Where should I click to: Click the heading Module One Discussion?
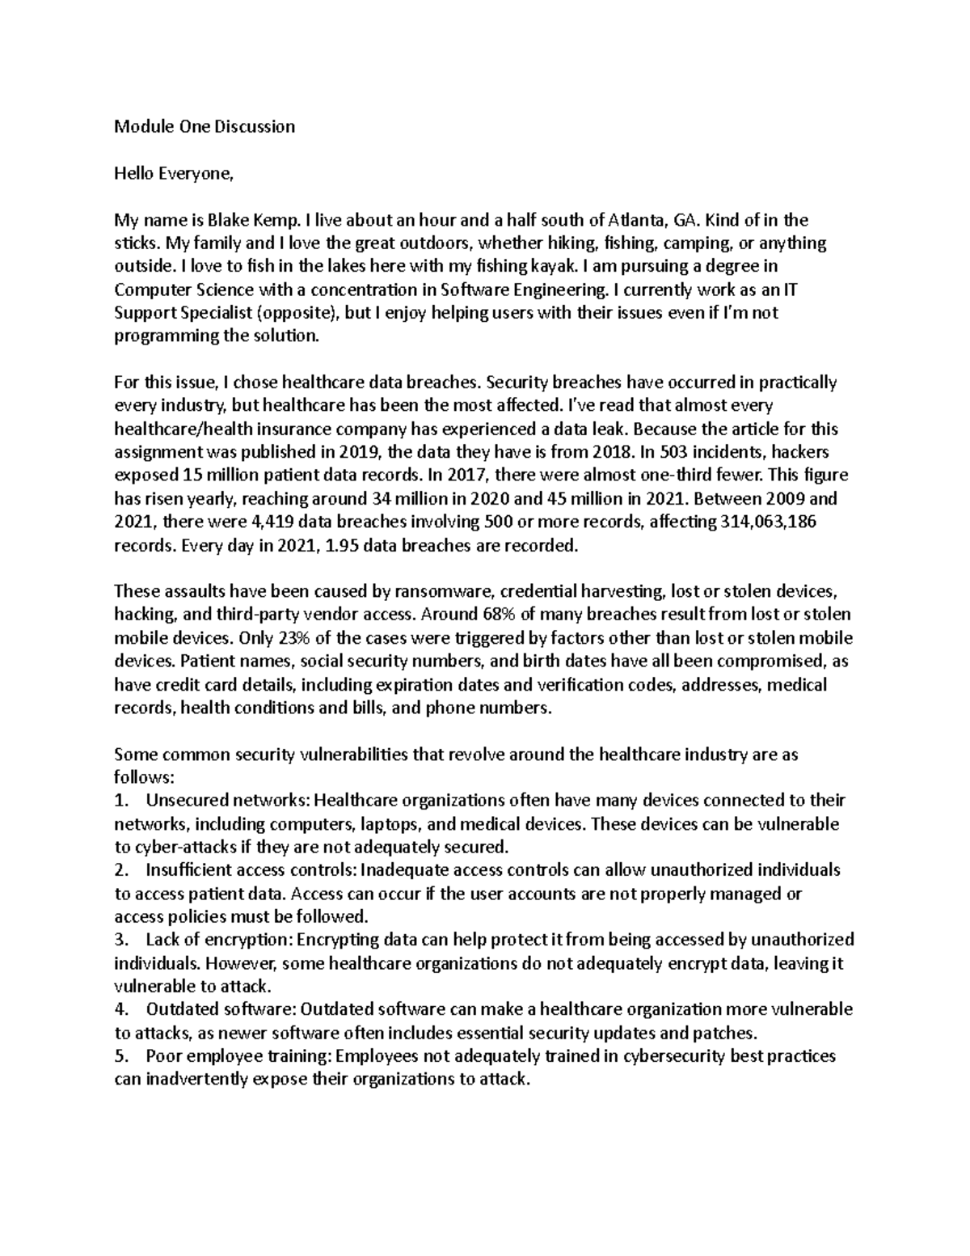click(205, 126)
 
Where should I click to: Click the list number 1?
click(121, 801)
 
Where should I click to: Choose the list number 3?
click(121, 941)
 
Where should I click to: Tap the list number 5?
click(121, 1057)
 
